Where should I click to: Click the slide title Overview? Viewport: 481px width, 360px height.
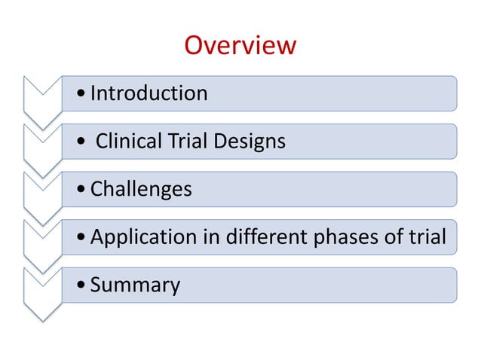[x=240, y=46]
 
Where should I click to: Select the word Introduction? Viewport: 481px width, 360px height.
[x=149, y=93]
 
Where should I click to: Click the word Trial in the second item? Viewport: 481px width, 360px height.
[x=187, y=141]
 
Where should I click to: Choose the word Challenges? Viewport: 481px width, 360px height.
[x=141, y=189]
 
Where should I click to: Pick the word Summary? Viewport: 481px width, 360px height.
[x=135, y=285]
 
